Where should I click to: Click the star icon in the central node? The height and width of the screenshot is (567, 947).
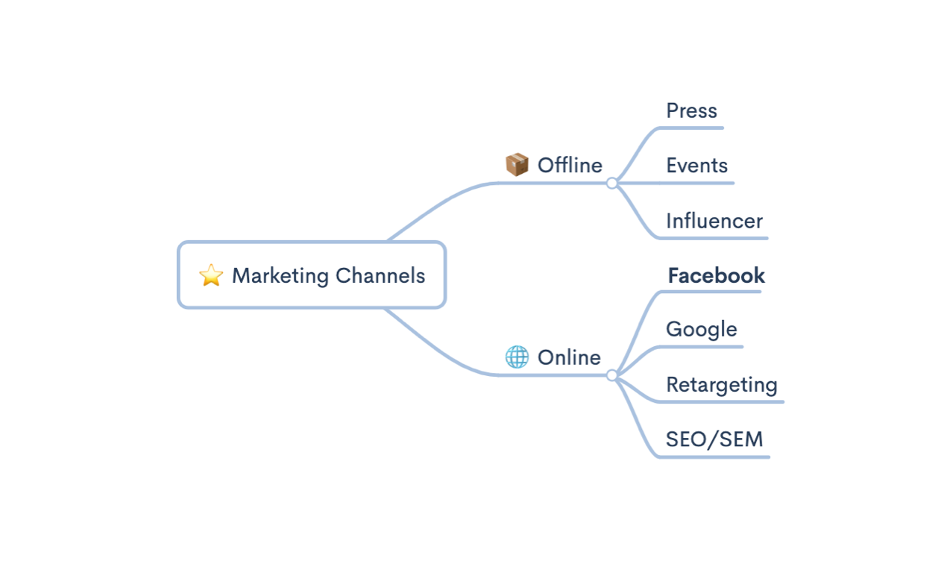point(211,275)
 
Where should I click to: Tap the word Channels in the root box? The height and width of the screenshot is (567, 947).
point(380,275)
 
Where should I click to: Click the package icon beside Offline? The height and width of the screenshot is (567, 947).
point(517,165)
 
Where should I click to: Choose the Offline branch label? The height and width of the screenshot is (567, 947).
point(570,165)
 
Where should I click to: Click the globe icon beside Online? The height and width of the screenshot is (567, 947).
point(517,357)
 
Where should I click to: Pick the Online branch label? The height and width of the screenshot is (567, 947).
point(569,357)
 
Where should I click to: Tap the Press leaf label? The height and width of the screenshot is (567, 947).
point(691,110)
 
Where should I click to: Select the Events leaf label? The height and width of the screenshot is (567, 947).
point(696,165)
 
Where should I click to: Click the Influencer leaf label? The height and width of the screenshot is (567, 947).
point(714,221)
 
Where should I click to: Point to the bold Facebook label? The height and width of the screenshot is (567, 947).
point(716,275)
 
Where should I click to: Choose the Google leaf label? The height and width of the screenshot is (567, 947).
point(701,329)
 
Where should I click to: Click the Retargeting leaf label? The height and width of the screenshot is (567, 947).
point(721,385)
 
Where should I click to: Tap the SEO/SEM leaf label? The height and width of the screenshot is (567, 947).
point(714,439)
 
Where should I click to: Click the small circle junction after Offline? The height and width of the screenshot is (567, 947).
point(612,183)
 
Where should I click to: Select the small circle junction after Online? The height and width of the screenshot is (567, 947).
point(612,375)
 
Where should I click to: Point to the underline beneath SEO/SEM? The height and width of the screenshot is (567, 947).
point(716,457)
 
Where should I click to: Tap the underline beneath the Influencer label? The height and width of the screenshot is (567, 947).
point(716,238)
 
